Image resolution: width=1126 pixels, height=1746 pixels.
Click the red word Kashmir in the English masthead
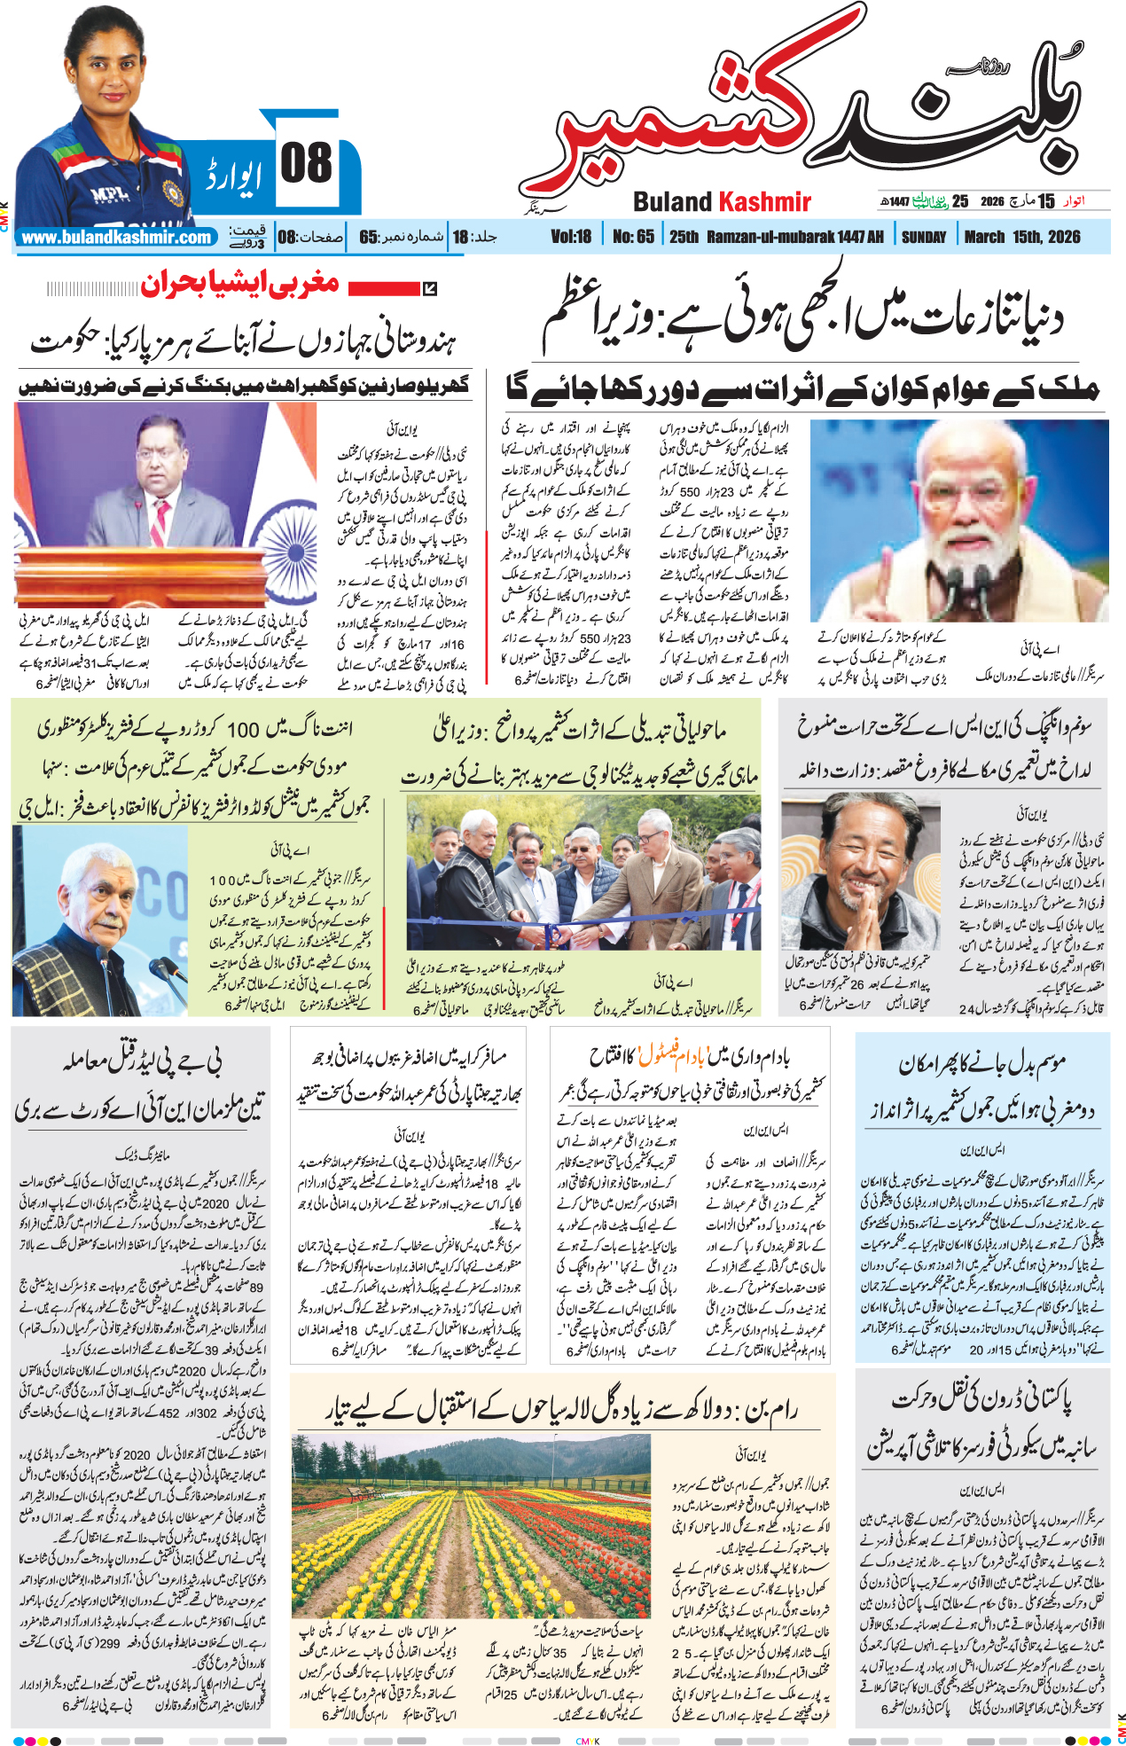[x=764, y=202]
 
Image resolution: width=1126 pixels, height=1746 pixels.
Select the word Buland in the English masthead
[x=673, y=202]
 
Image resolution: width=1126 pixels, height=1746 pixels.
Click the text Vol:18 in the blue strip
[x=570, y=237]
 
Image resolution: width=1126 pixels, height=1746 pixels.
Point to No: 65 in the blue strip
[x=633, y=237]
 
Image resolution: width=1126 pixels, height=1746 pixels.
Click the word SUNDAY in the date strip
[x=924, y=237]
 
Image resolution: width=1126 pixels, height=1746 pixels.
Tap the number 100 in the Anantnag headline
[x=242, y=729]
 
